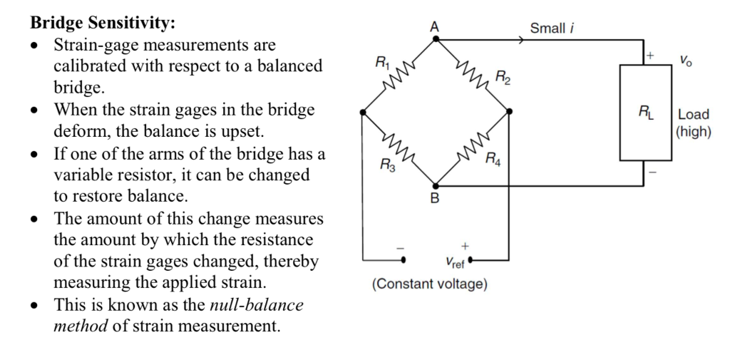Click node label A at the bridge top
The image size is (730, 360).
[x=435, y=26]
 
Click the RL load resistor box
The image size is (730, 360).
[x=643, y=113]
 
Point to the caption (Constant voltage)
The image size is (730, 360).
[x=430, y=284]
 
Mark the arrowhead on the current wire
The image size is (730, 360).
[x=524, y=40]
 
